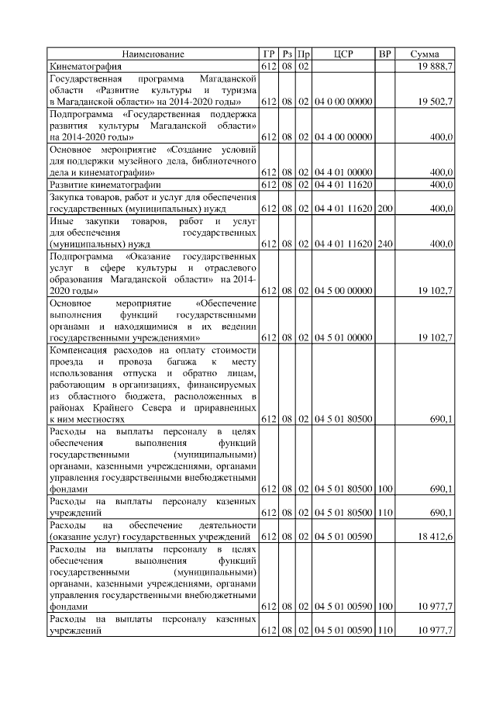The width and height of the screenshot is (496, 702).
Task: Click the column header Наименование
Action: (x=153, y=54)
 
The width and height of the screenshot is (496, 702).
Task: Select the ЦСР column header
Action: (x=343, y=54)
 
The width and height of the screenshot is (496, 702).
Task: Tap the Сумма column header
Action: (x=425, y=54)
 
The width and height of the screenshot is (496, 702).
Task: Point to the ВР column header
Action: (x=384, y=54)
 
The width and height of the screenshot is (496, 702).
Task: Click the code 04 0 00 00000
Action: (x=343, y=102)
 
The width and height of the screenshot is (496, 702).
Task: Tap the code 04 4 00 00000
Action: (x=343, y=137)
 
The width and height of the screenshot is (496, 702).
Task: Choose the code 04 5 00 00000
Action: (x=343, y=290)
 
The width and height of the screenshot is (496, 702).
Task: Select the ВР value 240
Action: (x=384, y=244)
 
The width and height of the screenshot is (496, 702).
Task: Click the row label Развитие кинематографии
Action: (x=105, y=185)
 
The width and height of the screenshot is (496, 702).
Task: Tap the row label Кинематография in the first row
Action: (x=85, y=67)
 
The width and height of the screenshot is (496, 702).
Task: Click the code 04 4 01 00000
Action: (x=343, y=172)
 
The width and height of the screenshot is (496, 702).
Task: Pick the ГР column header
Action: (x=269, y=54)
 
